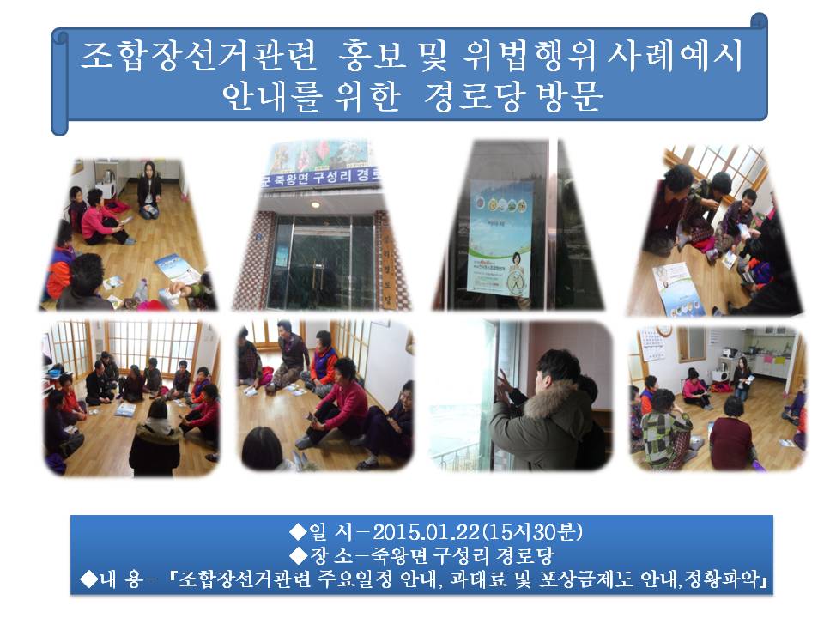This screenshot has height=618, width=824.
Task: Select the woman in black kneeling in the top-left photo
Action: tap(149, 190)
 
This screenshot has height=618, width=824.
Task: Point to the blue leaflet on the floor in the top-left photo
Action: tap(178, 268)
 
